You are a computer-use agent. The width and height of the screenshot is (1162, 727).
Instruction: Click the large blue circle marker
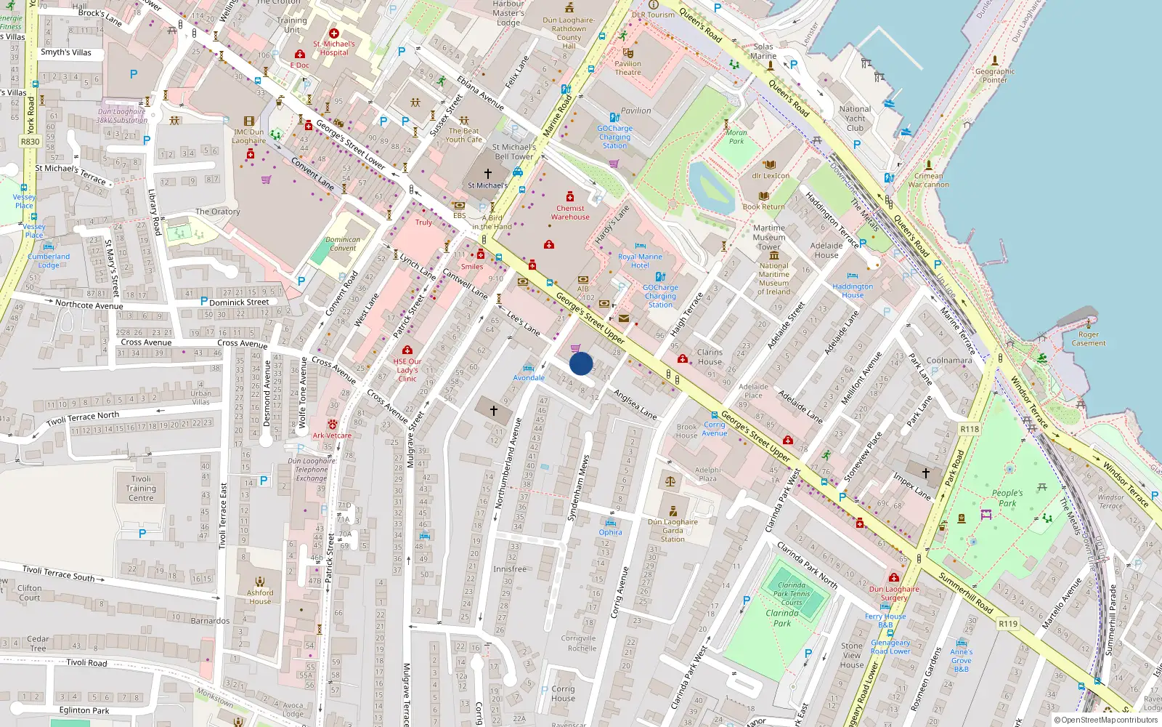point(581,363)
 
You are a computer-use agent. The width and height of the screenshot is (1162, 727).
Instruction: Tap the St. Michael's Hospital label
point(334,48)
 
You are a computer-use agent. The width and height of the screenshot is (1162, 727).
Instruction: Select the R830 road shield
point(30,142)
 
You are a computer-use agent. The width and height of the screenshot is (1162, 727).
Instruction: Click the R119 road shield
point(1008,624)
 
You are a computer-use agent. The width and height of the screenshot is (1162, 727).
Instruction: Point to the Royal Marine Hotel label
point(640,261)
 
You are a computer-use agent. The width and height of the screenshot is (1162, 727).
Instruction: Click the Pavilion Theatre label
point(627,68)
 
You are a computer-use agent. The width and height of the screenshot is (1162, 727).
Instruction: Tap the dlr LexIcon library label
point(771,176)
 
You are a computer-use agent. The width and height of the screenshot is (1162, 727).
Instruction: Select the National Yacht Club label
point(855,119)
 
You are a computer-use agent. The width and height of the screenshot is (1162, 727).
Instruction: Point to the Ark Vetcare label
point(332,435)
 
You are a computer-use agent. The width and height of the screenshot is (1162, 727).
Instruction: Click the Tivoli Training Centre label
point(141,489)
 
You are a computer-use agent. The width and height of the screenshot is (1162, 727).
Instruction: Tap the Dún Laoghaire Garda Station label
point(673,530)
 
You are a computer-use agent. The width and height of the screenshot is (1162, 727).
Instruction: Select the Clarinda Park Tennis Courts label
point(792,593)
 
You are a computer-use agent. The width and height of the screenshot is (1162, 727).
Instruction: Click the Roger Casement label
point(1088,339)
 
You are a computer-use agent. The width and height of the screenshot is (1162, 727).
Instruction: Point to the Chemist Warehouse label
point(570,212)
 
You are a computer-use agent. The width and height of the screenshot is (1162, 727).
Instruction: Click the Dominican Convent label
point(343,244)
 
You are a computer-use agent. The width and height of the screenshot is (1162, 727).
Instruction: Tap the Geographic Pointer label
point(995,76)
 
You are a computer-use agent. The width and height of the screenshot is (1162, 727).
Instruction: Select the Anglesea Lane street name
point(635,405)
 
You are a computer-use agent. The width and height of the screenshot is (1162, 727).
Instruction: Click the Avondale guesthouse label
point(529,377)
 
